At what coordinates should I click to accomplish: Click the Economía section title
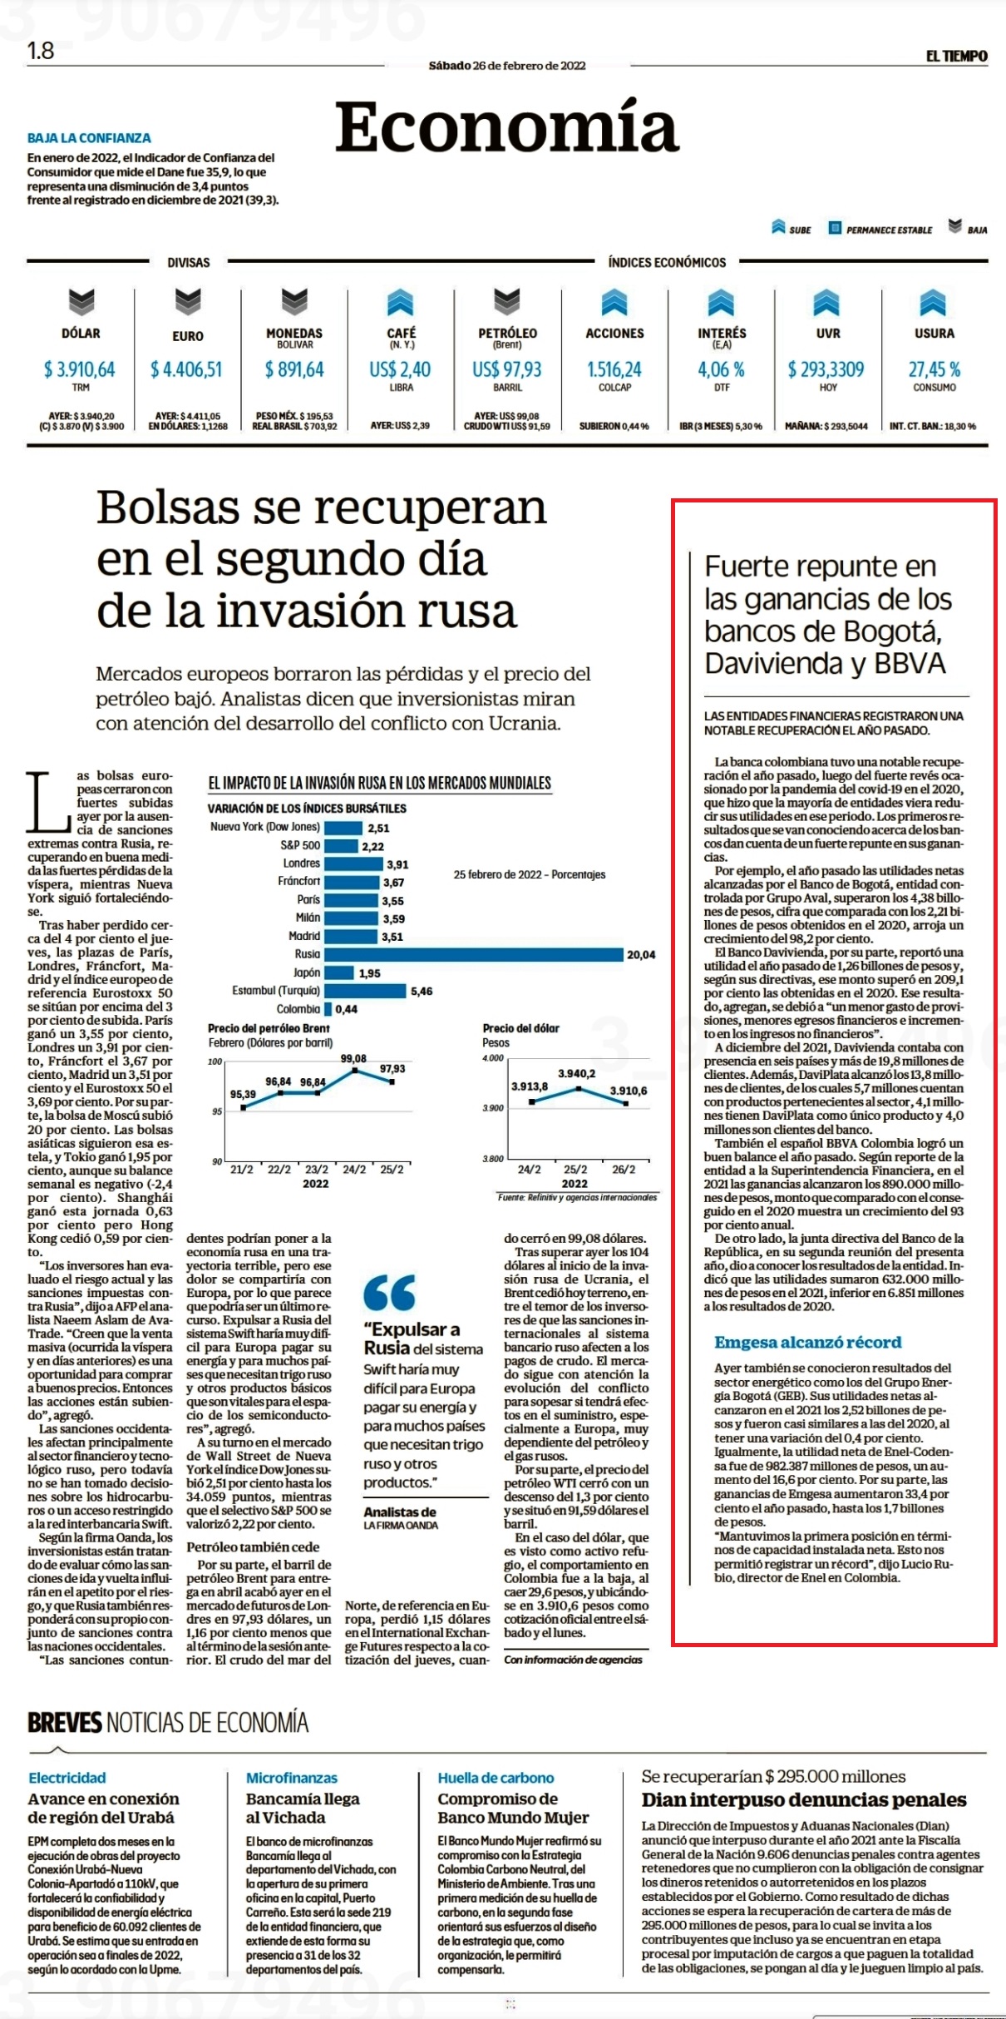[507, 126]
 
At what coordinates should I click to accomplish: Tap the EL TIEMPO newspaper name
[957, 57]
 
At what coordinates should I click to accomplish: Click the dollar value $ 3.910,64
[80, 369]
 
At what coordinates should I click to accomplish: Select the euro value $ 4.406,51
[186, 369]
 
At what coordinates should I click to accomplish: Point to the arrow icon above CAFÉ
[401, 303]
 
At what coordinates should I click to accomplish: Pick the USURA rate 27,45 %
[934, 369]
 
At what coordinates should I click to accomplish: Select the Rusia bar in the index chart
[474, 954]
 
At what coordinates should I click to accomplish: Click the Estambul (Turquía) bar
[366, 991]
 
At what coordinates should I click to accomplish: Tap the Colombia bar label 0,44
[347, 1009]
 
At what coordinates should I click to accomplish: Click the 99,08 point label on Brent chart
[353, 1058]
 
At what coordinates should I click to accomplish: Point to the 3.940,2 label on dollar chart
[576, 1074]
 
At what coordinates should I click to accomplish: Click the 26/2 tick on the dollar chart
[623, 1169]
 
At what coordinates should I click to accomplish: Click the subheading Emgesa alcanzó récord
[808, 1342]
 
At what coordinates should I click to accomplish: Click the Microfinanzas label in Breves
[292, 1778]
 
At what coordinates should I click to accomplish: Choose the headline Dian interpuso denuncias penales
[804, 1800]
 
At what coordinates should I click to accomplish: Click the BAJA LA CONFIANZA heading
[89, 138]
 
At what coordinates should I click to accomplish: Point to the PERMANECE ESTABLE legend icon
[835, 228]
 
